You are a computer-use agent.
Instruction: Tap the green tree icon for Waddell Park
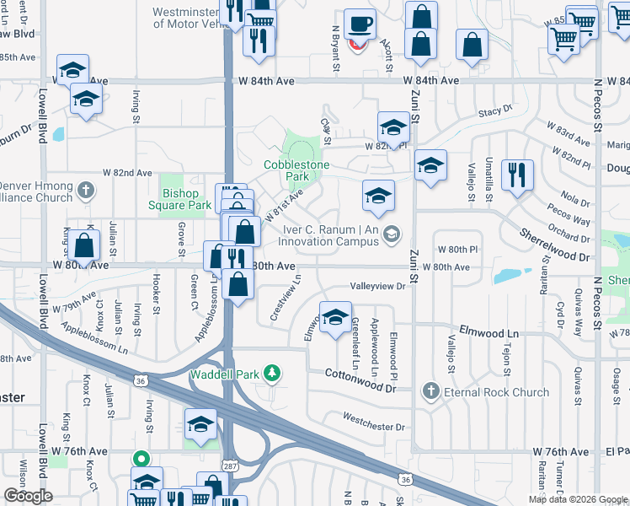click(271, 372)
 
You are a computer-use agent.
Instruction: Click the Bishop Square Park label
click(186, 199)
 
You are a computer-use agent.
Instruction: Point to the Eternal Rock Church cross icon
click(430, 391)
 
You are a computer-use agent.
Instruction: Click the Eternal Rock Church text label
click(497, 392)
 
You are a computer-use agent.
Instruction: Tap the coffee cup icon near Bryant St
click(360, 26)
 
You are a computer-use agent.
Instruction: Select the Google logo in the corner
click(28, 496)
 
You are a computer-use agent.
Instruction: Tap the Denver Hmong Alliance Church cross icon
click(84, 191)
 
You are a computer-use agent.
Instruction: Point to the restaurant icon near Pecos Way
click(517, 175)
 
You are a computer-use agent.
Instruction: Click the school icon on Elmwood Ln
click(336, 319)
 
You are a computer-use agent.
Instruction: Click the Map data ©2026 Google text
click(577, 499)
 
